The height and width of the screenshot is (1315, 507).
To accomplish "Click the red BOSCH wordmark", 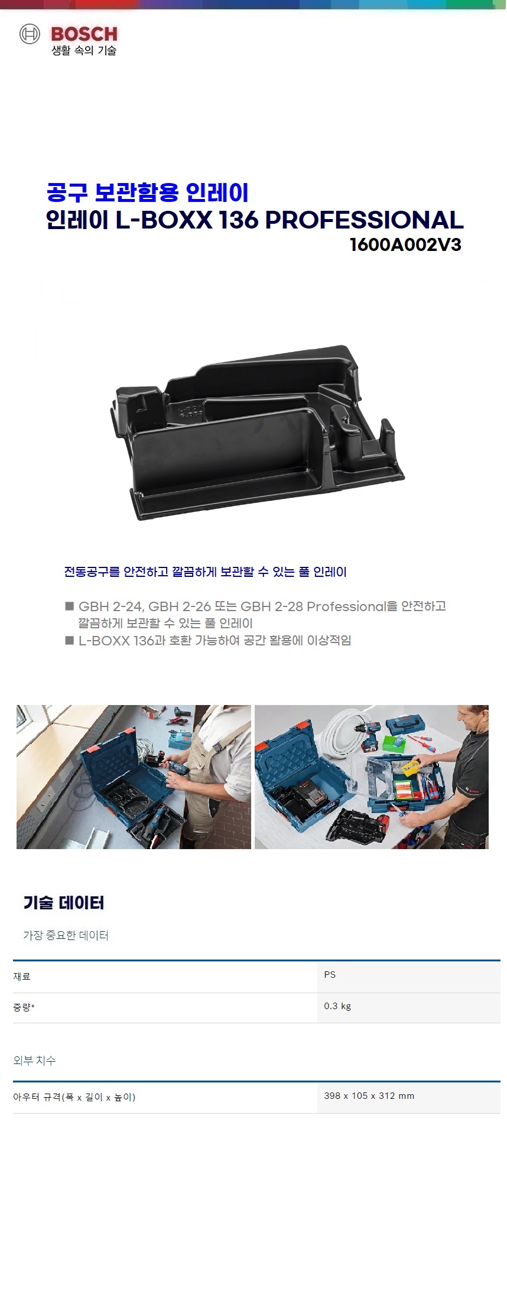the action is [84, 34].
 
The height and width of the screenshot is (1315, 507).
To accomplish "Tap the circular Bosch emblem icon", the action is [30, 34].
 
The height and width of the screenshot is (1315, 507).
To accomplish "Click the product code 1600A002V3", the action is [405, 244].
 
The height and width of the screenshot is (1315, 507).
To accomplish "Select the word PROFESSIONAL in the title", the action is [364, 220].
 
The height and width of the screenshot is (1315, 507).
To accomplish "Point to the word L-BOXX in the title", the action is [164, 220].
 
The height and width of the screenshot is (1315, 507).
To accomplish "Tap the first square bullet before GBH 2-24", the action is [69, 606].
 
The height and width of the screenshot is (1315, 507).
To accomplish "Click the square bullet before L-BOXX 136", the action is [69, 640].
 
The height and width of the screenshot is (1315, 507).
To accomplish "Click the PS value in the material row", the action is [330, 974].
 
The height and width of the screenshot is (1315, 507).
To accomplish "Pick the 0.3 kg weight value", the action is [337, 1006].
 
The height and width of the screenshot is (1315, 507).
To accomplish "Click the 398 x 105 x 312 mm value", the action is [369, 1095].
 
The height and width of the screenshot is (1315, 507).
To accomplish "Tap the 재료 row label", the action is [22, 976].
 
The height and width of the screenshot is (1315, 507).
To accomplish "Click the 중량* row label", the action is [24, 1007].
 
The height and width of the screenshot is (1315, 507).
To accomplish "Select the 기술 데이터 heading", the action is [64, 902].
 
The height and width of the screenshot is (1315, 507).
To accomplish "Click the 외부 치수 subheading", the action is [34, 1060].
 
